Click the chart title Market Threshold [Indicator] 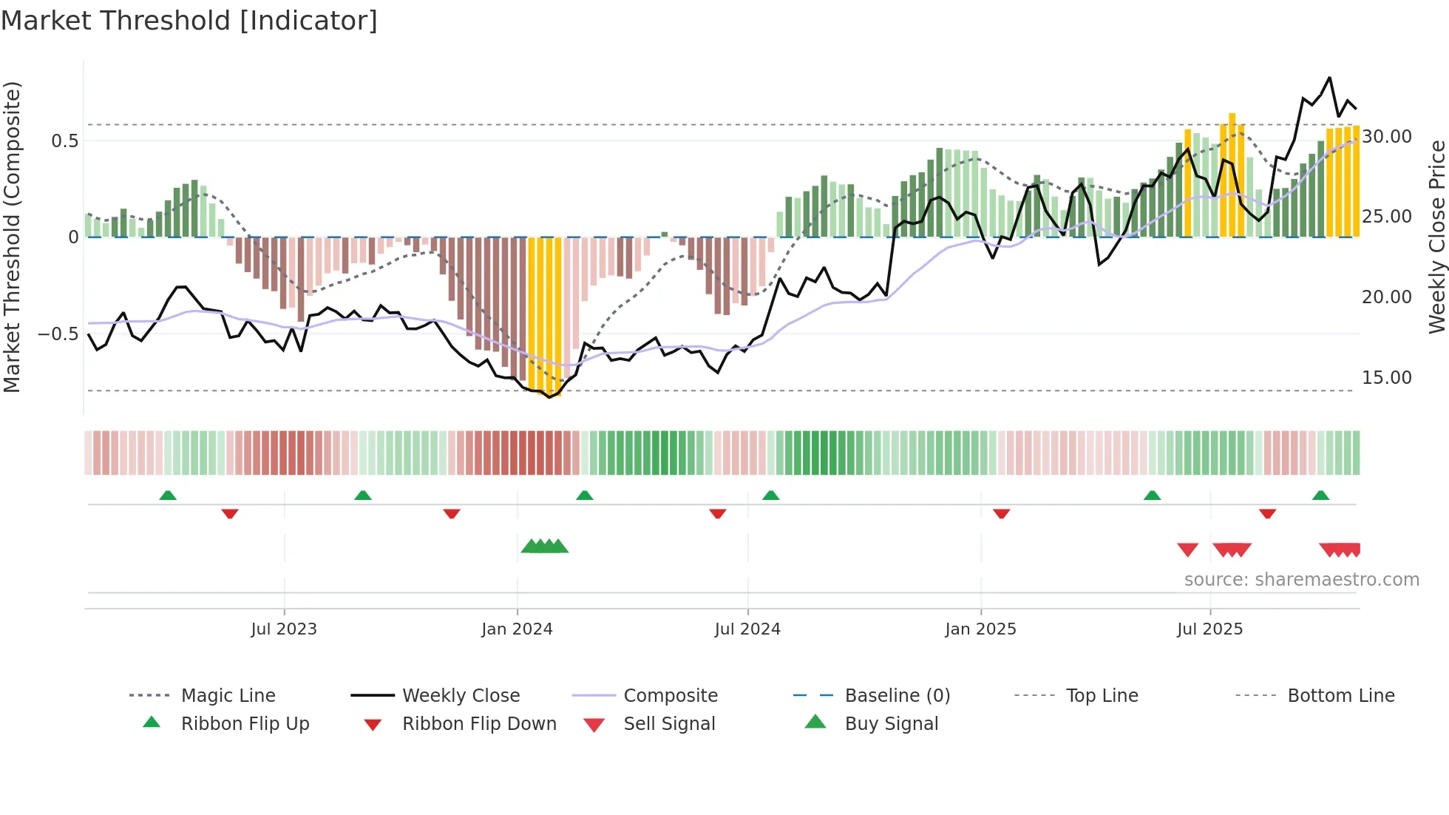(189, 21)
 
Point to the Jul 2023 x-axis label (283, 629)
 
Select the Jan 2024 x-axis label (517, 629)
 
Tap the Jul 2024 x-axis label (747, 629)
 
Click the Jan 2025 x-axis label (980, 629)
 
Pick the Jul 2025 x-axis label (1209, 629)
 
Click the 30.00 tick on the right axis (1387, 136)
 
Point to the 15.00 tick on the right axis (1387, 377)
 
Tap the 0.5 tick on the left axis (64, 141)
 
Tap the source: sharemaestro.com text (1301, 579)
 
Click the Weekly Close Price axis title (1436, 237)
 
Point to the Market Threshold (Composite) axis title (12, 237)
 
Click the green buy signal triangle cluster (545, 547)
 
